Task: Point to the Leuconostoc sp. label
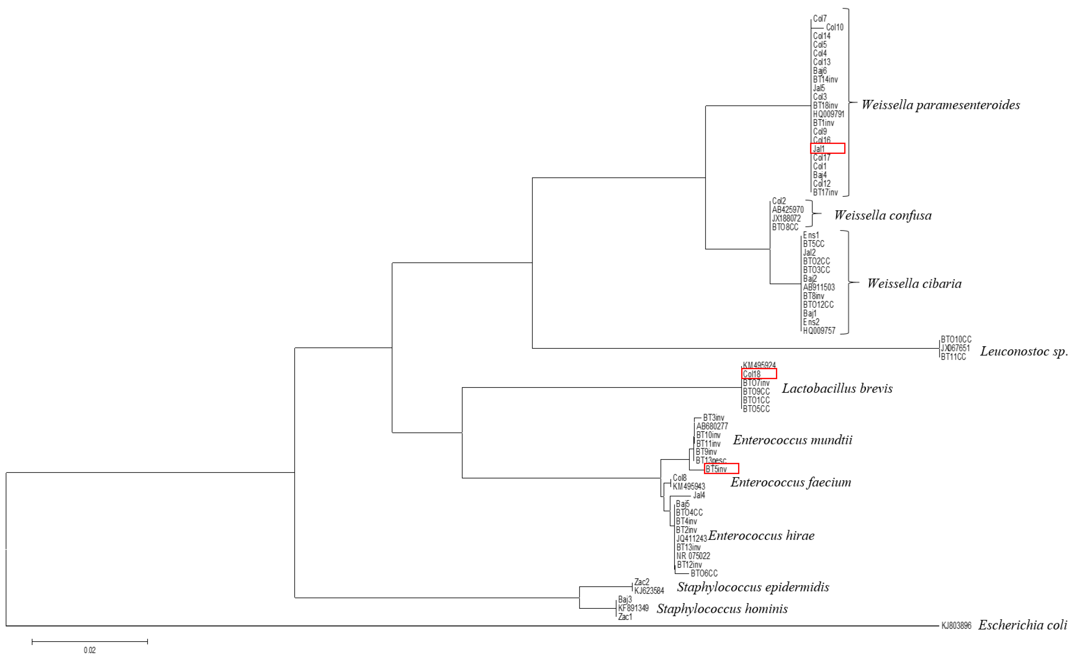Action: coord(1023,351)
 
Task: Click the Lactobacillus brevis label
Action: coord(837,388)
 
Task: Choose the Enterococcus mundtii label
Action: coord(792,440)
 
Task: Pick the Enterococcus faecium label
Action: coord(790,482)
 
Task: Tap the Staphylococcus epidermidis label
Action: coord(752,587)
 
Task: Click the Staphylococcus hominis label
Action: coord(722,609)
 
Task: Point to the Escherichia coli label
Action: coord(1022,625)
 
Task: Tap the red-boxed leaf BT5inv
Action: coord(721,468)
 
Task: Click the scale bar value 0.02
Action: coord(89,650)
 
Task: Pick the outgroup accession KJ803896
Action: coord(956,626)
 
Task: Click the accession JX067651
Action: coord(955,348)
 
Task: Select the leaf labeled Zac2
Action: coord(641,582)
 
